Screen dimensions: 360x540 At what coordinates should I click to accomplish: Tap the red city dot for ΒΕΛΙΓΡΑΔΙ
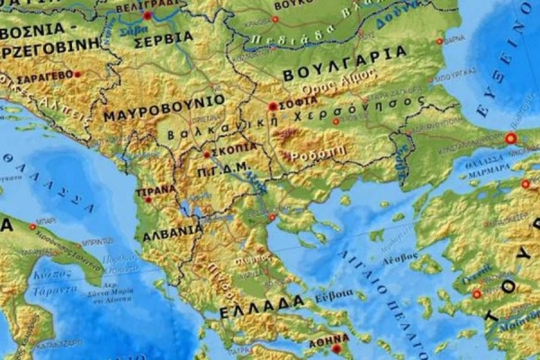(x=148, y=15)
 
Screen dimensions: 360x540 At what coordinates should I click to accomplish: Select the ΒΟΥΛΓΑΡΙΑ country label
(x=345, y=64)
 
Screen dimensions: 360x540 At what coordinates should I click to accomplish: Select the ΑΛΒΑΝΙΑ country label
(x=172, y=229)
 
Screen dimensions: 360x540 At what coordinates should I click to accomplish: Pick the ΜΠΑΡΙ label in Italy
(x=46, y=219)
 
